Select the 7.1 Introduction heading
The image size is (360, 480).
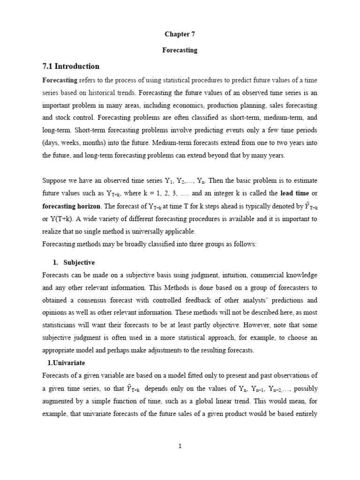71,66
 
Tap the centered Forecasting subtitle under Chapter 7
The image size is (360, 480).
180,50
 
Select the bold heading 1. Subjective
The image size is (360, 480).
74,262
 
